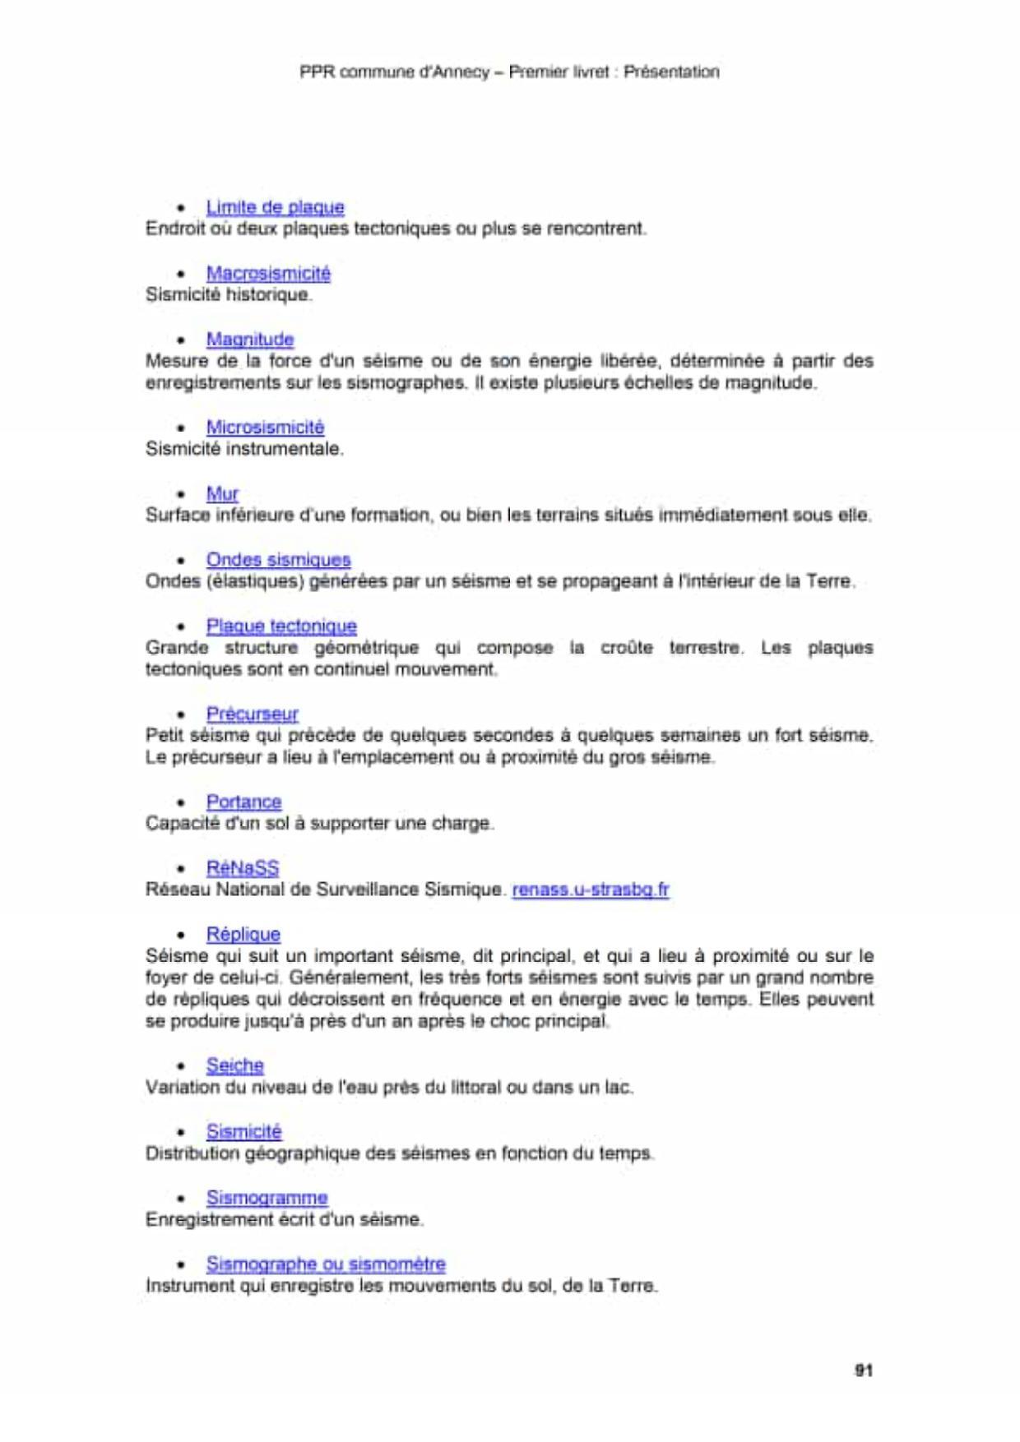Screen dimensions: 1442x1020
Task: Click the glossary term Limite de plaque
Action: [x=275, y=207]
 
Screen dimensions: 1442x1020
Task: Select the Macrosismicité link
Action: [x=268, y=274]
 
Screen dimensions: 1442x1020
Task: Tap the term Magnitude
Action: [x=250, y=340]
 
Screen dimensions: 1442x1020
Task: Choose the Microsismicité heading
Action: [x=265, y=428]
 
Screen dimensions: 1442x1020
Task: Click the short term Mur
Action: [x=222, y=494]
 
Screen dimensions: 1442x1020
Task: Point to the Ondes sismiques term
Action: [x=278, y=560]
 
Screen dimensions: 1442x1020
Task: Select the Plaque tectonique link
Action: [x=281, y=626]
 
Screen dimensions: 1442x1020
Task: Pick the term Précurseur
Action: [x=252, y=714]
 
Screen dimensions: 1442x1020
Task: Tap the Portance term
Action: [x=243, y=802]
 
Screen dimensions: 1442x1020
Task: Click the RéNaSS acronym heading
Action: [x=243, y=868]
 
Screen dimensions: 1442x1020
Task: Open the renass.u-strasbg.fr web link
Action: [x=591, y=890]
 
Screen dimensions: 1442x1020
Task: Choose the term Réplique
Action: [x=243, y=935]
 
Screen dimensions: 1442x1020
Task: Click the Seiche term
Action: [x=234, y=1066]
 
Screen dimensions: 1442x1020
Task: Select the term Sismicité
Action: [x=243, y=1132]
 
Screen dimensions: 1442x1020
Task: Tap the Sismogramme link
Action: [x=267, y=1199]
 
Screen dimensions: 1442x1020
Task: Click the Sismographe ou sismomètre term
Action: [x=326, y=1264]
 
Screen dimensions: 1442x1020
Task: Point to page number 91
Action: [x=863, y=1370]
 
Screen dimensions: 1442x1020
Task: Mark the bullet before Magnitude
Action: [x=181, y=340]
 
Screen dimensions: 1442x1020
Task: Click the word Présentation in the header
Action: [x=671, y=72]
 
